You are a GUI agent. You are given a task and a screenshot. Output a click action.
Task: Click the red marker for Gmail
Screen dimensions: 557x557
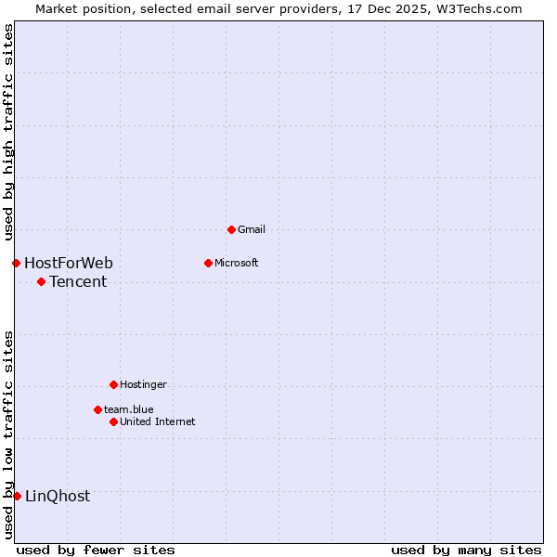click(x=231, y=229)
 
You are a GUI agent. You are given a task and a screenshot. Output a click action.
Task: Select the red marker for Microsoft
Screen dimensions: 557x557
click(x=208, y=263)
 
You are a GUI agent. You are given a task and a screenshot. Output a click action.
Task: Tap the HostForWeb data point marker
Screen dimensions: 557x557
click(x=16, y=263)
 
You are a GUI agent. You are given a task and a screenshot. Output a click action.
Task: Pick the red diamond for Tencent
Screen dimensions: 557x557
click(x=41, y=281)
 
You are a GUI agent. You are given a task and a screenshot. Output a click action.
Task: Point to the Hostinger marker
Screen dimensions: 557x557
click(x=113, y=384)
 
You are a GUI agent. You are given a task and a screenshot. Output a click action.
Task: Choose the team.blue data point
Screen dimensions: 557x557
click(x=97, y=409)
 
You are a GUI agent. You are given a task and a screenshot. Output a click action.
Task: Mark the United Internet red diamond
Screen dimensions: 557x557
click(x=113, y=421)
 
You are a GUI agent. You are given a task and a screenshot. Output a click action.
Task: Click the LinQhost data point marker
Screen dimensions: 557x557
click(x=17, y=496)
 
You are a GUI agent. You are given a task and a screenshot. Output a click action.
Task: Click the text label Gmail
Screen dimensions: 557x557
click(x=252, y=229)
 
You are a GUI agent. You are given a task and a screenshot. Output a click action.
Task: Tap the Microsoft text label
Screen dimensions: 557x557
click(x=237, y=263)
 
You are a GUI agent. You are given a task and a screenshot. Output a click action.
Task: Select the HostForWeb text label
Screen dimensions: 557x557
click(x=69, y=263)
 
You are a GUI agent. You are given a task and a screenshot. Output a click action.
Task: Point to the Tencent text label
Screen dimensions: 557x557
click(x=78, y=281)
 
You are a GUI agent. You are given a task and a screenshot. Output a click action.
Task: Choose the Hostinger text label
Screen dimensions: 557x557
click(x=143, y=384)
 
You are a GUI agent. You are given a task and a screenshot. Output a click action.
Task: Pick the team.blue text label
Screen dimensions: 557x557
click(x=129, y=409)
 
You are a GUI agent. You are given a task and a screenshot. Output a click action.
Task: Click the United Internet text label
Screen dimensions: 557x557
click(x=158, y=421)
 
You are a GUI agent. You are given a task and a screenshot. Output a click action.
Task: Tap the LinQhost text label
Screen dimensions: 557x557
click(x=58, y=496)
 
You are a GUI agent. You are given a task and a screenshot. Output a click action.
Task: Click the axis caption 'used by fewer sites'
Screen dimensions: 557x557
click(x=96, y=550)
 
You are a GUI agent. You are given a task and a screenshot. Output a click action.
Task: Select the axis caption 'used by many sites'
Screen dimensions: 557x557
click(x=466, y=550)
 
